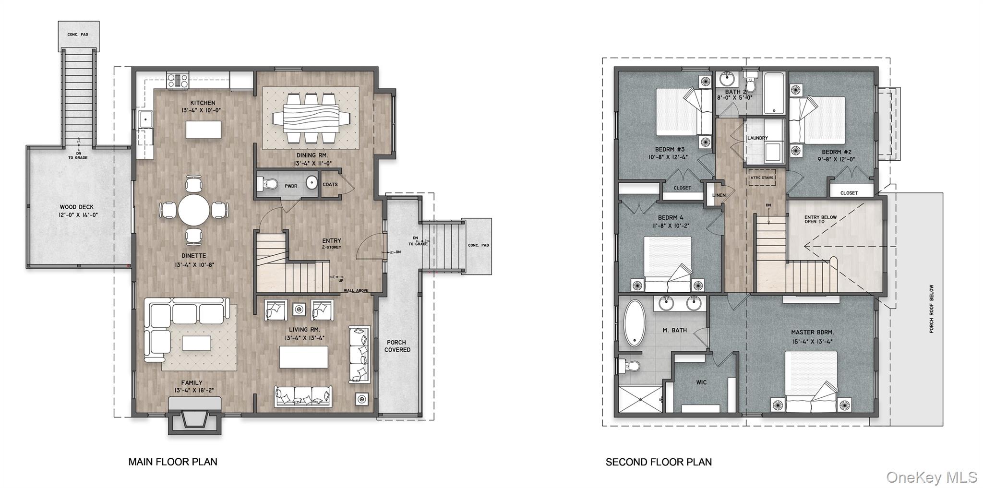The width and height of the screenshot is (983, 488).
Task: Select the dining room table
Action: [311, 118]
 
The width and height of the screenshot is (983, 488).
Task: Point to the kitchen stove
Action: [178, 80]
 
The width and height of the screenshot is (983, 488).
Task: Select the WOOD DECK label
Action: [77, 207]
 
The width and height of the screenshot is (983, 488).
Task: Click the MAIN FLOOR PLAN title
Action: [173, 462]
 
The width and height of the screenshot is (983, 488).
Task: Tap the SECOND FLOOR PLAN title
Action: [659, 462]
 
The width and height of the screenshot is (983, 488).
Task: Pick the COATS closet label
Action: [330, 184]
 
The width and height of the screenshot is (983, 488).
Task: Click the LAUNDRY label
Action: [757, 138]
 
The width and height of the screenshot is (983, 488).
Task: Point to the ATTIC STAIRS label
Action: [762, 178]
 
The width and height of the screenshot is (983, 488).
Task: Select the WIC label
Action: [701, 382]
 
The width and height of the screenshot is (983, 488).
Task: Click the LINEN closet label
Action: [719, 195]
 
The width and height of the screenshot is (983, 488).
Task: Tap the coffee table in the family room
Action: [196, 343]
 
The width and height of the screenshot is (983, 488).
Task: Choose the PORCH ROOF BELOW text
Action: [932, 309]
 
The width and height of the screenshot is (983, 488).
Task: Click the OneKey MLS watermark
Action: [931, 477]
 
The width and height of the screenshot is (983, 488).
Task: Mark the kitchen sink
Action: [144, 119]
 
